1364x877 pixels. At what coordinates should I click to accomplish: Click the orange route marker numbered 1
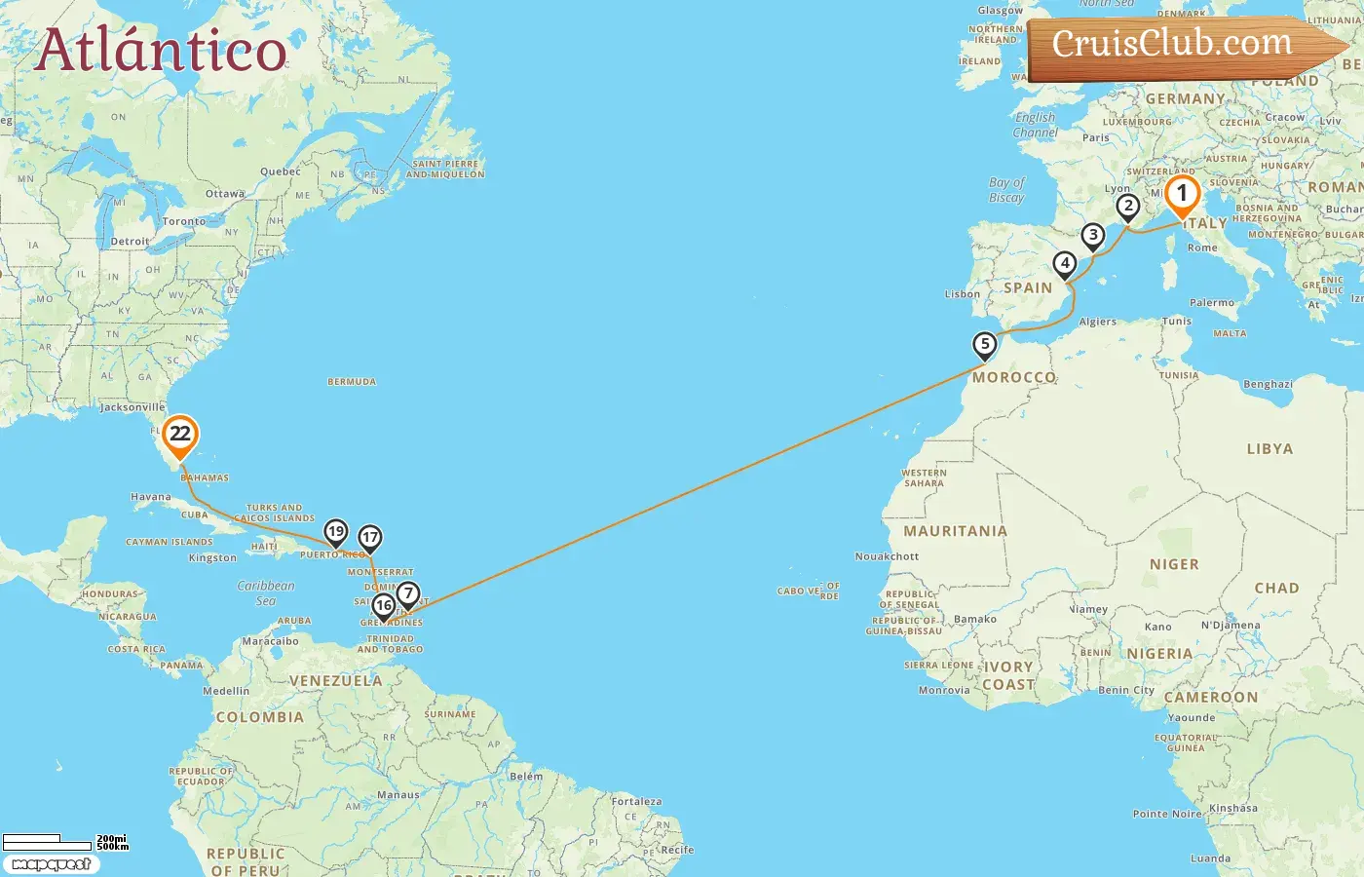point(1182,195)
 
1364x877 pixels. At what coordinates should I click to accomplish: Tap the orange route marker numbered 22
point(180,435)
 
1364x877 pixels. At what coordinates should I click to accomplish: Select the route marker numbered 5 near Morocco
point(985,345)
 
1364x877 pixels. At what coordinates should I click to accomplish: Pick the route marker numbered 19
point(336,532)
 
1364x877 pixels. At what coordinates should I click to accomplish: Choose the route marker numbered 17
point(369,538)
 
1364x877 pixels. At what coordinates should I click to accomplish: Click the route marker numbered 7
point(407,593)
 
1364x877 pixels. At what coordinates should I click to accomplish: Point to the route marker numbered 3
point(1093,236)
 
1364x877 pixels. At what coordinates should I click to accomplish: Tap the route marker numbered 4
point(1065,263)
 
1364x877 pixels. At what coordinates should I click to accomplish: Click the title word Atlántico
point(161,51)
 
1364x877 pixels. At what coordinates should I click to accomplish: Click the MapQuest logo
point(51,863)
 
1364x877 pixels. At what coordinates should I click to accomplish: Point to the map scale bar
point(64,841)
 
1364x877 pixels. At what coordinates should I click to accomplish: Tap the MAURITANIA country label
point(955,531)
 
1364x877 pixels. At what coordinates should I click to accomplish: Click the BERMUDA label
point(352,382)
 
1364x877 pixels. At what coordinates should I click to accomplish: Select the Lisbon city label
point(962,294)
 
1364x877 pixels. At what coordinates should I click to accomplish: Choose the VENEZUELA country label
point(336,681)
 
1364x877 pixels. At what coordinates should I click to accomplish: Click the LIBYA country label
point(1269,449)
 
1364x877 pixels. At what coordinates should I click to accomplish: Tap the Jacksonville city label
point(133,407)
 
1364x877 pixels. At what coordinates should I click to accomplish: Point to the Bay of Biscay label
point(1006,190)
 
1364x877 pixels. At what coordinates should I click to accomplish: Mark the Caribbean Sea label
point(265,592)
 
